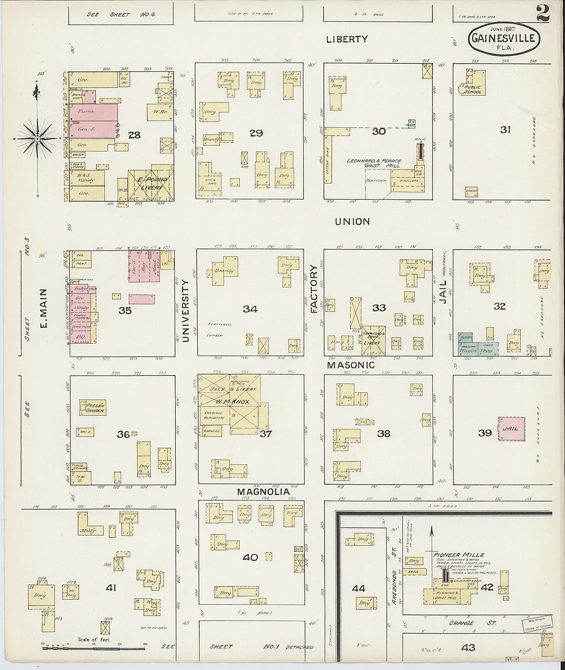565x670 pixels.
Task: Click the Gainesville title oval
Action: coord(503,39)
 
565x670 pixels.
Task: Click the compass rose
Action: coord(38,139)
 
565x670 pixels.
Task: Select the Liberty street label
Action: coord(347,39)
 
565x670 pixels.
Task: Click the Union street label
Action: coord(352,222)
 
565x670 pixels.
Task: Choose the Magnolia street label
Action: coord(263,492)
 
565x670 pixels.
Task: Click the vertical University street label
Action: coord(186,311)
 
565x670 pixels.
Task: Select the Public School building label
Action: coord(473,89)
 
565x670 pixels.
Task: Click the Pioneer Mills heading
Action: coord(451,554)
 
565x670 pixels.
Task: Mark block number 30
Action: coord(379,132)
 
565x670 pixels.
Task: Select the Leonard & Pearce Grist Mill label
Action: coord(372,164)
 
